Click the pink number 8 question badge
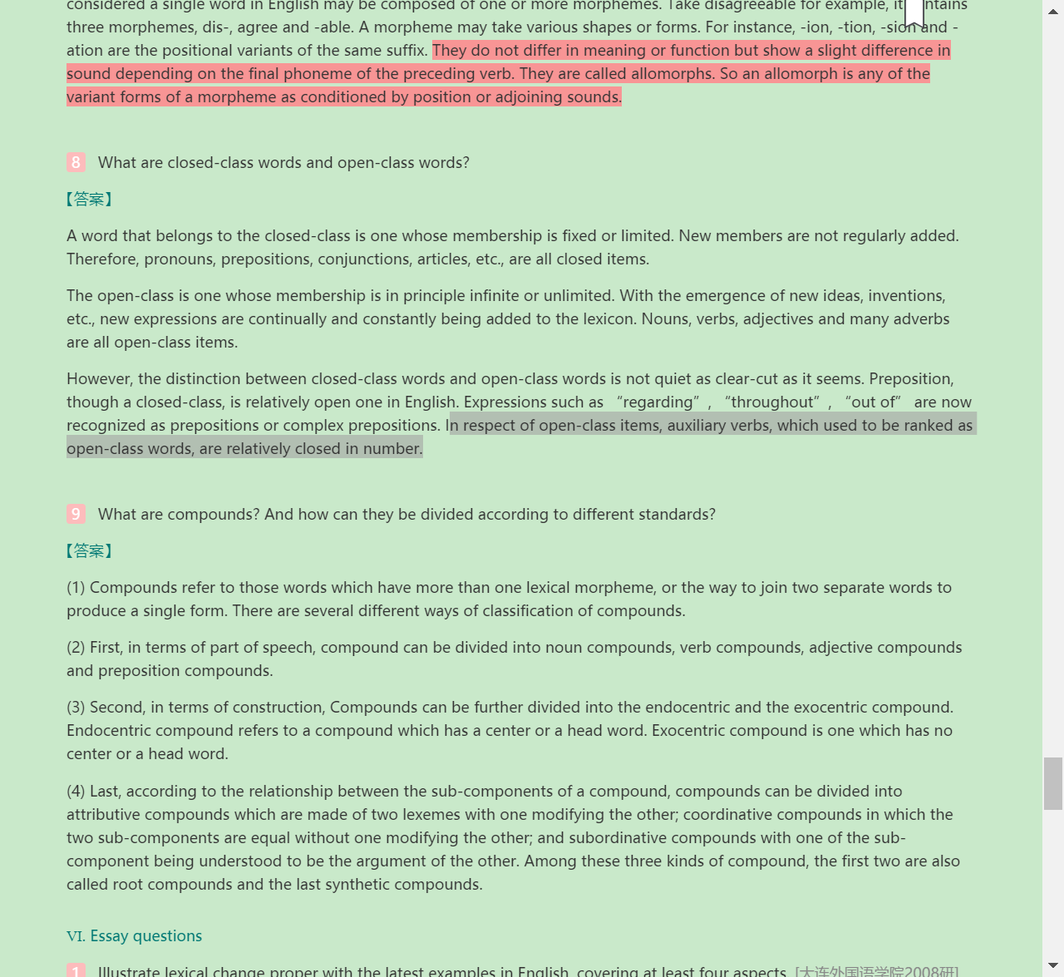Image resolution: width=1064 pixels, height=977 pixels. point(76,162)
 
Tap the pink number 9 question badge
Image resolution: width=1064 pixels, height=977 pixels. point(76,514)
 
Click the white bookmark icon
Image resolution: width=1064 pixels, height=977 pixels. point(914,12)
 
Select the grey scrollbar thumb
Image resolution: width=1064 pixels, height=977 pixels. point(1052,782)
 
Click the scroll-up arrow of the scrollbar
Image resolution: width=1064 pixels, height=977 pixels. point(1052,12)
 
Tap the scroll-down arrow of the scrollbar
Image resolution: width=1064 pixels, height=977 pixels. point(1052,965)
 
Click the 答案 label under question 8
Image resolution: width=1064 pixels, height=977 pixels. point(89,199)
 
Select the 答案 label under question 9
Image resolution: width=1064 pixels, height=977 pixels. point(89,550)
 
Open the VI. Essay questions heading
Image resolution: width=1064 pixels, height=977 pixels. point(134,935)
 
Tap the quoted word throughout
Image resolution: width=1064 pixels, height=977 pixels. point(772,402)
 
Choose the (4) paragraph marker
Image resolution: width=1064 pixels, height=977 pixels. point(76,791)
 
